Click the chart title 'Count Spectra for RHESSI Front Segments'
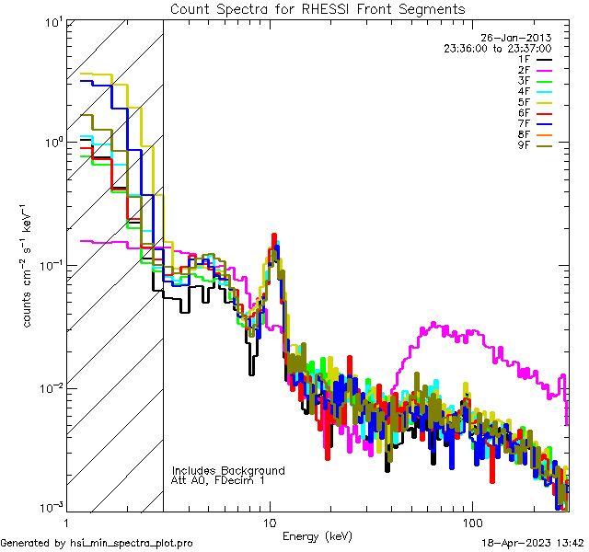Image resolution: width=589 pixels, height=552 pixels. pos(318,9)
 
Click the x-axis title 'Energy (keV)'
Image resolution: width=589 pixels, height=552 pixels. pos(318,535)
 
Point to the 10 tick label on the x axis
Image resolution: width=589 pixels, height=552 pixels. pos(270,523)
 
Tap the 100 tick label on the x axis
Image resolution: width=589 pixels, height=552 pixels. pos(471,523)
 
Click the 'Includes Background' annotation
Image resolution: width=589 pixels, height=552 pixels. pos(228,470)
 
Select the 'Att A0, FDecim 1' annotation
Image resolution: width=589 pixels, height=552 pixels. pos(218,480)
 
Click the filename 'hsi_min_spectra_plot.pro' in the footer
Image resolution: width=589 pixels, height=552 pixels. pos(132,544)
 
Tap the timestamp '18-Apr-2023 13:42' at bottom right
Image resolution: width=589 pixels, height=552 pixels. pos(532,544)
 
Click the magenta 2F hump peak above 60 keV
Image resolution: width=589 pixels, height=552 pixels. pos(436,325)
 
